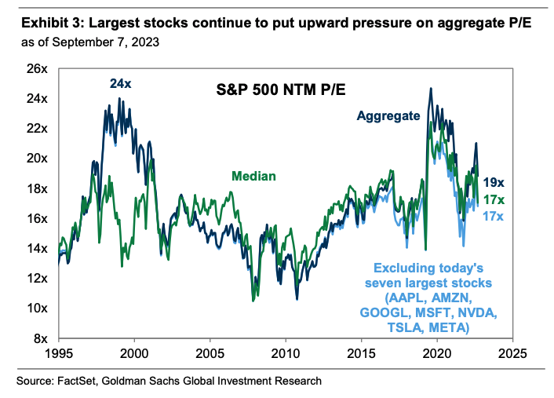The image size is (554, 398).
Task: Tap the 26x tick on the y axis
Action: (x=38, y=68)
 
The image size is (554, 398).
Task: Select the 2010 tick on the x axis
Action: (x=285, y=352)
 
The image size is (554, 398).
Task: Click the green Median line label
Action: (x=253, y=176)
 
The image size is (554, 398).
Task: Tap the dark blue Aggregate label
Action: (x=389, y=116)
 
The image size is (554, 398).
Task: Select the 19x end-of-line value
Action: (x=492, y=181)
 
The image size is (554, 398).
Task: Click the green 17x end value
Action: (x=492, y=199)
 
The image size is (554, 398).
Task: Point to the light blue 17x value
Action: (x=492, y=216)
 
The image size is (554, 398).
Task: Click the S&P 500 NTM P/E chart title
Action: (x=270, y=91)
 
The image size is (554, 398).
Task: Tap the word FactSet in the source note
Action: (x=74, y=381)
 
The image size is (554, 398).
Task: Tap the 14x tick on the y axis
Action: (x=38, y=248)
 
